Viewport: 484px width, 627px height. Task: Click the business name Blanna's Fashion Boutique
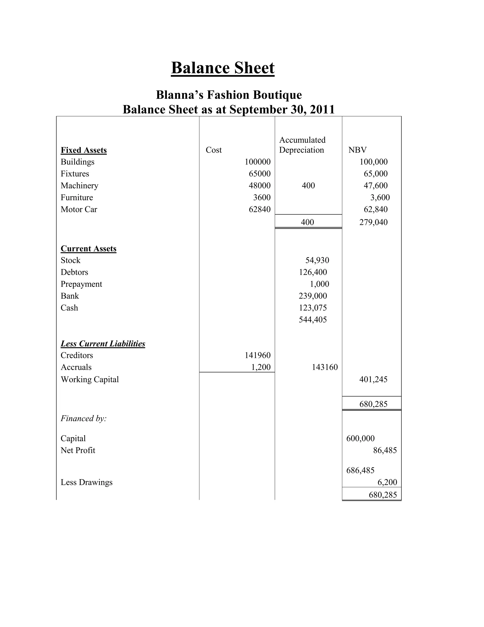tap(229, 95)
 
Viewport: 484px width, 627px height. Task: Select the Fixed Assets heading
tap(83, 150)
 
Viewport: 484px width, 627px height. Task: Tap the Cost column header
tap(214, 150)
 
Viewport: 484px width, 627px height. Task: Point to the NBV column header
tap(357, 150)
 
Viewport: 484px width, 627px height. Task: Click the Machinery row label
tap(79, 186)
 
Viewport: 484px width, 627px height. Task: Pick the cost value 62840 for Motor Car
tap(259, 210)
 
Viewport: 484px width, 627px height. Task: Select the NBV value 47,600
tap(375, 186)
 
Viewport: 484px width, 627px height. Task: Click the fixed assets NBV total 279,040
tap(373, 222)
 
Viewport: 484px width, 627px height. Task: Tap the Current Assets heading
tap(88, 249)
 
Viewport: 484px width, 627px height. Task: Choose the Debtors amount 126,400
tap(313, 272)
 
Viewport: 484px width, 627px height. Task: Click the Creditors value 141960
tap(258, 355)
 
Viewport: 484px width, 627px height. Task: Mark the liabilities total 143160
tap(324, 367)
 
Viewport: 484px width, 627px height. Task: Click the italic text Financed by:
tap(83, 419)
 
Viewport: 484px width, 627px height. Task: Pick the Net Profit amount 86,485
tap(385, 450)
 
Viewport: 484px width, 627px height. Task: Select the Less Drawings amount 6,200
tap(387, 482)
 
